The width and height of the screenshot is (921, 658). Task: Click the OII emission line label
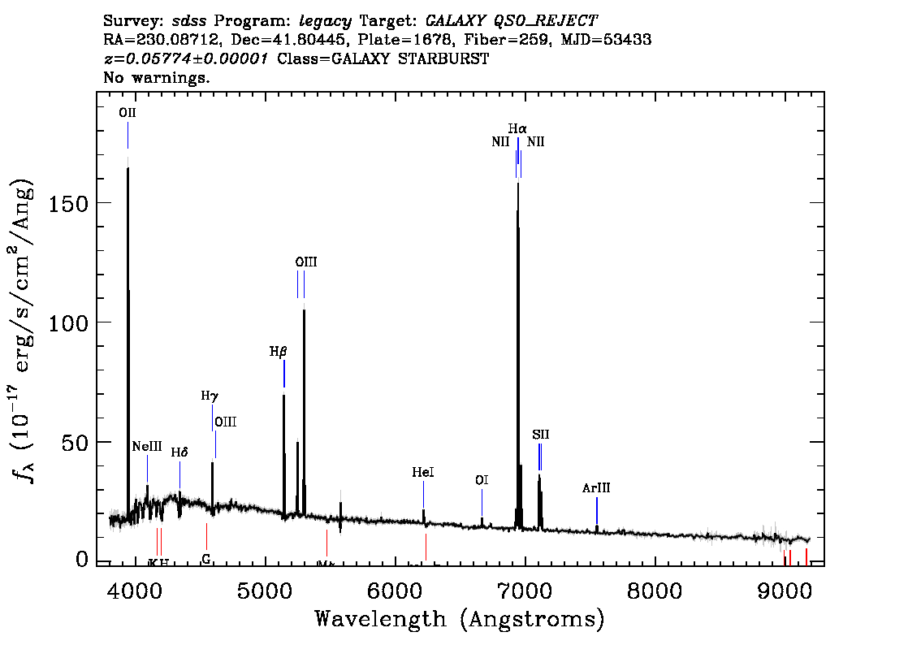(128, 114)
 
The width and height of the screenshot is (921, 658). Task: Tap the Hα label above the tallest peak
(517, 128)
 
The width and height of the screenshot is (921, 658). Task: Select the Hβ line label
(279, 352)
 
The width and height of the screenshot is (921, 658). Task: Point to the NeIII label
(147, 447)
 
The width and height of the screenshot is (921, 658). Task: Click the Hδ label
(179, 452)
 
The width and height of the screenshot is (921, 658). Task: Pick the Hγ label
(210, 396)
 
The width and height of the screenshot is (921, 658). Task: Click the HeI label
(423, 472)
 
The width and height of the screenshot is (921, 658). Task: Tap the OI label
(482, 480)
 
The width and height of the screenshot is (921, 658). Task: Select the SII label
(541, 435)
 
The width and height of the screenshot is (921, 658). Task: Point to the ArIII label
(596, 488)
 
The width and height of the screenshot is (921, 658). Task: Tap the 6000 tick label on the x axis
(396, 587)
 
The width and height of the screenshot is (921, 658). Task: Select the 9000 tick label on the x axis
(785, 587)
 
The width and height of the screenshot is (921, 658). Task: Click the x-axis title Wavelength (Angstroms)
(460, 620)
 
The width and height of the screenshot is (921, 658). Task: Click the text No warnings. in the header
(157, 78)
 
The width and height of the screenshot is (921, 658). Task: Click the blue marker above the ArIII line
(597, 511)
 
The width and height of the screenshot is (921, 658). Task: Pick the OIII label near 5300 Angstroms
(305, 262)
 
